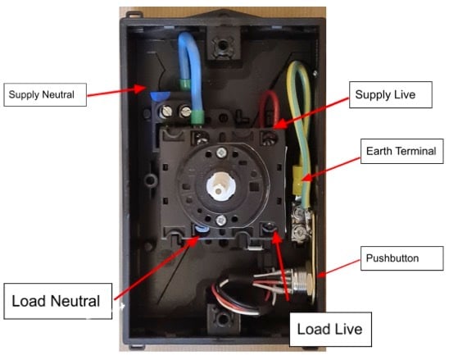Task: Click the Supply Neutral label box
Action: pyautogui.click(x=41, y=94)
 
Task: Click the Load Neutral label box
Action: pyautogui.click(x=56, y=302)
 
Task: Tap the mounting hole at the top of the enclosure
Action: pyautogui.click(x=219, y=44)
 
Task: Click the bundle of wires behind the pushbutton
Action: pyautogui.click(x=246, y=291)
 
